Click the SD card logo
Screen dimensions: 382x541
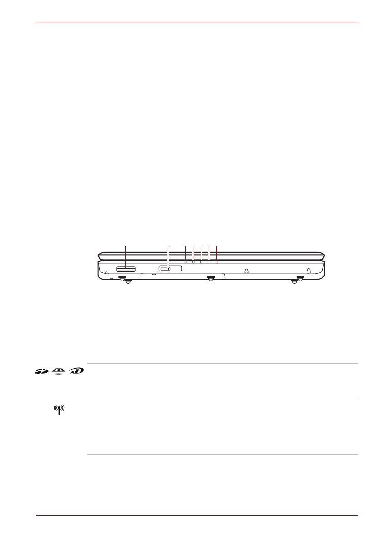[x=42, y=371]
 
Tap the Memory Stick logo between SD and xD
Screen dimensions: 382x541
[x=58, y=371]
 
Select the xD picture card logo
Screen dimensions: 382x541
[x=76, y=371]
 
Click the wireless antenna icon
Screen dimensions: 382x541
[x=59, y=410]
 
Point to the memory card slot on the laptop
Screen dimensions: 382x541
[x=126, y=269]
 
